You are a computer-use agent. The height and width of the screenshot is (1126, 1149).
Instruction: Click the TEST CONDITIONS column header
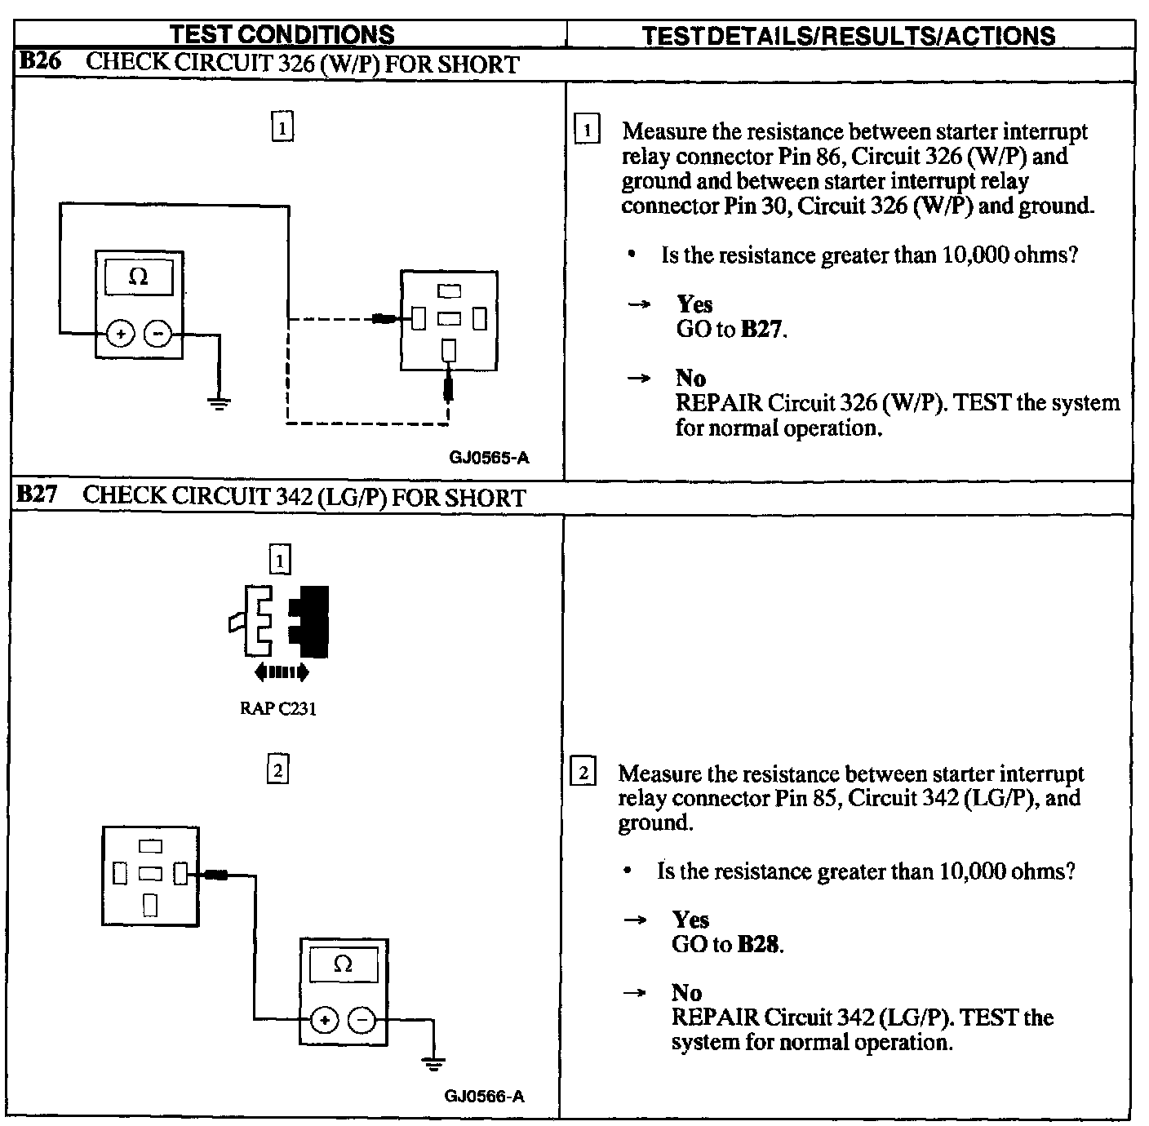click(x=282, y=34)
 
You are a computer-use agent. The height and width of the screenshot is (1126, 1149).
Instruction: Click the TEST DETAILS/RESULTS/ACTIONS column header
click(x=848, y=36)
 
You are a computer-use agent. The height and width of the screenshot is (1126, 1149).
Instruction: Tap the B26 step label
click(x=39, y=62)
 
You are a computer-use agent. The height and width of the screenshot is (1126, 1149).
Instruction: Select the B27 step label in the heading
click(x=38, y=495)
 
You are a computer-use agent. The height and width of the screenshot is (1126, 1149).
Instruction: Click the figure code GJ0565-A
click(x=489, y=458)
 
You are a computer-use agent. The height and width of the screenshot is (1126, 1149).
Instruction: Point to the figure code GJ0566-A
click(x=484, y=1096)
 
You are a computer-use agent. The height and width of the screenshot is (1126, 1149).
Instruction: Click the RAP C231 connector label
click(x=277, y=708)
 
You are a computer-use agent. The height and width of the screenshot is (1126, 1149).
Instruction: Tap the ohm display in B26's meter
click(x=139, y=277)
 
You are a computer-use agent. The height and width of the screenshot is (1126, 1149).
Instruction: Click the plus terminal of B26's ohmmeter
click(x=120, y=334)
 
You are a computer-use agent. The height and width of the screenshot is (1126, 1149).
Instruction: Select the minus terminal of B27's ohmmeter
click(x=362, y=1020)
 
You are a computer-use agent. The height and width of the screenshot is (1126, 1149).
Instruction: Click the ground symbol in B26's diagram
click(x=218, y=401)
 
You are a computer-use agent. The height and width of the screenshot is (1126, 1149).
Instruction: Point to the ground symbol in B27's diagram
click(x=433, y=1062)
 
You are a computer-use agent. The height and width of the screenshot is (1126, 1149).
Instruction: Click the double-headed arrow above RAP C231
click(x=282, y=672)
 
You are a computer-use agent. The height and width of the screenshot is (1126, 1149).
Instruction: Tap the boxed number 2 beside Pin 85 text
click(x=583, y=772)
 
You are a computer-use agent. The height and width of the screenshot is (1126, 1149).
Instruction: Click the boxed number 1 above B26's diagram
click(x=282, y=128)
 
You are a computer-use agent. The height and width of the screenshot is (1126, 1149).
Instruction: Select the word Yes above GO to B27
click(x=694, y=304)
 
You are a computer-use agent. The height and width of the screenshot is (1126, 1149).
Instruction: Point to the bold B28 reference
click(x=759, y=944)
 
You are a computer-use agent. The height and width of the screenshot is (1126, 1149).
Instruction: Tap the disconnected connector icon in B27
click(x=280, y=621)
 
